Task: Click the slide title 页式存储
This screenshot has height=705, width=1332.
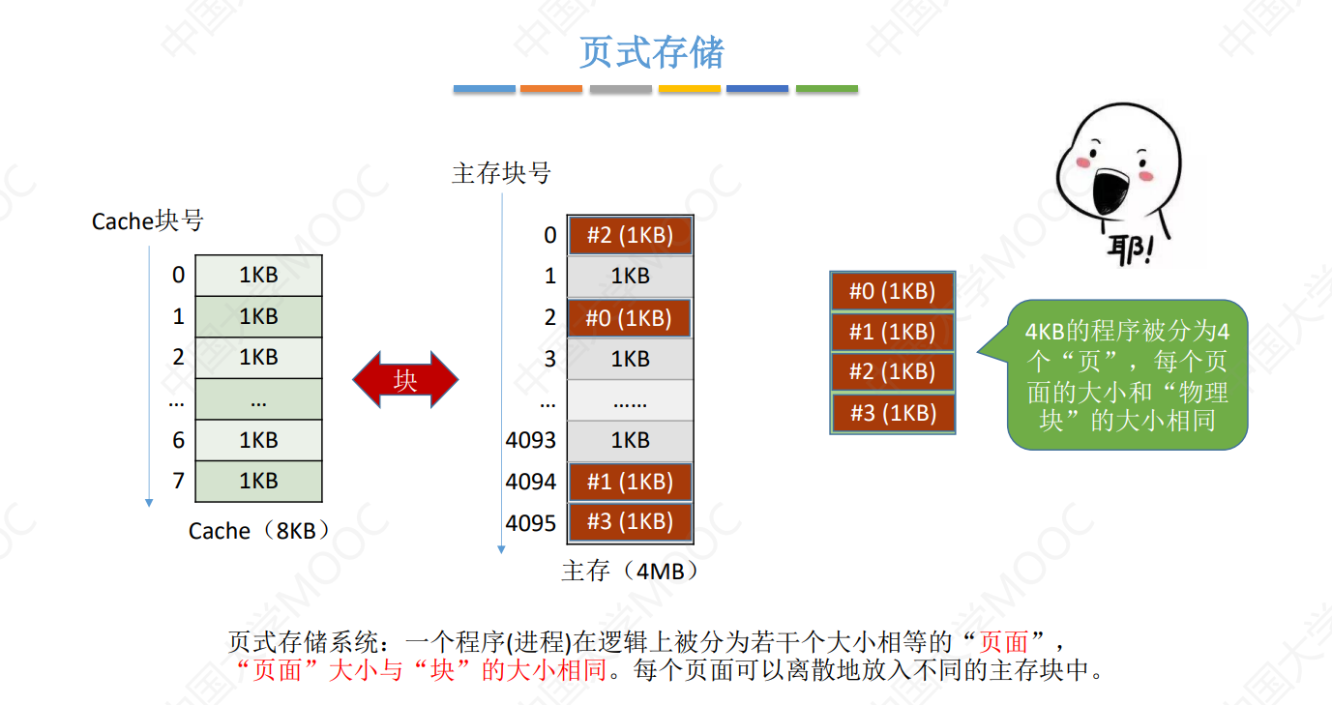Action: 652,52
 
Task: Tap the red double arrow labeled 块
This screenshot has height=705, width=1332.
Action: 405,380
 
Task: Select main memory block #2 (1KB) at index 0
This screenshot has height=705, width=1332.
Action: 630,235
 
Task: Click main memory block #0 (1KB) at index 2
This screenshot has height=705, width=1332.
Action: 629,318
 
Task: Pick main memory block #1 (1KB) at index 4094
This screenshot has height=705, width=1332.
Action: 630,482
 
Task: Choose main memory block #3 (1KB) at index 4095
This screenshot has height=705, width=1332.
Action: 630,522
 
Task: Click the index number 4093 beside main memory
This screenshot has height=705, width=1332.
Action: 531,440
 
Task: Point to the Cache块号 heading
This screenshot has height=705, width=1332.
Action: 147,221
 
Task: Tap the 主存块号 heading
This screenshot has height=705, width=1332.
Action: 501,173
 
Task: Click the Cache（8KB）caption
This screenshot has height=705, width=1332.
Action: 259,531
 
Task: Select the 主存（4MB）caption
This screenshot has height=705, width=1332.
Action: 630,572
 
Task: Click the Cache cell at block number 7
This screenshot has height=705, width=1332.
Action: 258,481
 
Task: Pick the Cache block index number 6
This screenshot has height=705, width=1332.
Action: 178,440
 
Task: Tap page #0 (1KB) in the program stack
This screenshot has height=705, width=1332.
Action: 892,291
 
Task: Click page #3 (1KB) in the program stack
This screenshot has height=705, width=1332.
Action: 892,414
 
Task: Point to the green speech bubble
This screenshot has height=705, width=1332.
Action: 1127,375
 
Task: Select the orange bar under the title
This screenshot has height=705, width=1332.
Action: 550,89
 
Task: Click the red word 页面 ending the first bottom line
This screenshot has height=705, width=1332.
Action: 1003,642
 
